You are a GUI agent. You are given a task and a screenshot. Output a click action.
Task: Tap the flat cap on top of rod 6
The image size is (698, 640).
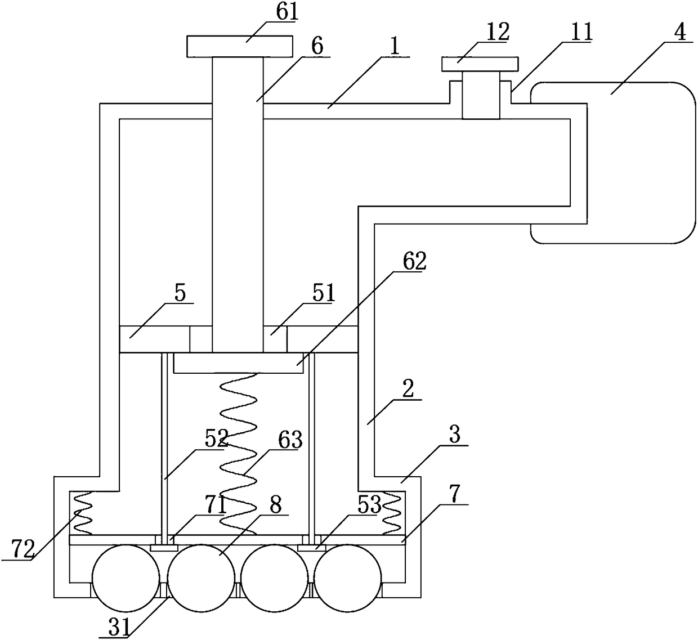239,46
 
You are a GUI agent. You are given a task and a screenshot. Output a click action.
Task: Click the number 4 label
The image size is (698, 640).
679,32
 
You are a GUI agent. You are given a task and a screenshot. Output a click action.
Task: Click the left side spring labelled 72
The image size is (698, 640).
83,513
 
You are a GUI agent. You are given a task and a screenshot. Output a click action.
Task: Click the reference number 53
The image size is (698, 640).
369,505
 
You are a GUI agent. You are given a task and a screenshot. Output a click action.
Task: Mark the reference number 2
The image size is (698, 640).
409,388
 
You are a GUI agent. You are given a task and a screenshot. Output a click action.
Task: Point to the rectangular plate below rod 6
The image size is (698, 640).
238,364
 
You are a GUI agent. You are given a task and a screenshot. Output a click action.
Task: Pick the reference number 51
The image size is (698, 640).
323,293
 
